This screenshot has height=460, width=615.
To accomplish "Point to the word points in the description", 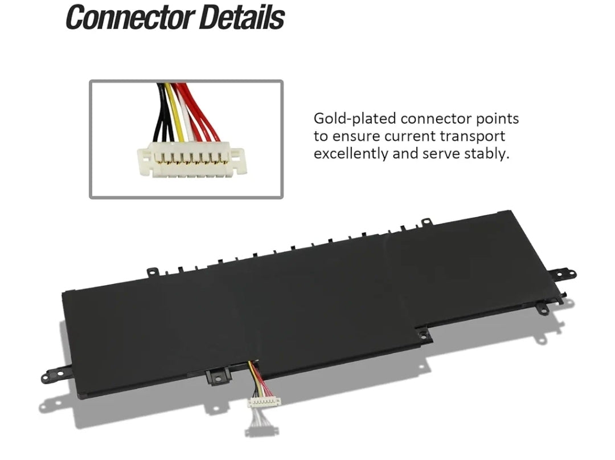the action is (497, 119).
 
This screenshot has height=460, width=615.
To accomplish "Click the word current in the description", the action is (409, 137).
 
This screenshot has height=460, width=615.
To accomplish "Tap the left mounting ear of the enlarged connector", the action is (144, 160).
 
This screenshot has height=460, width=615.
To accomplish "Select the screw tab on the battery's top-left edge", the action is (152, 271).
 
